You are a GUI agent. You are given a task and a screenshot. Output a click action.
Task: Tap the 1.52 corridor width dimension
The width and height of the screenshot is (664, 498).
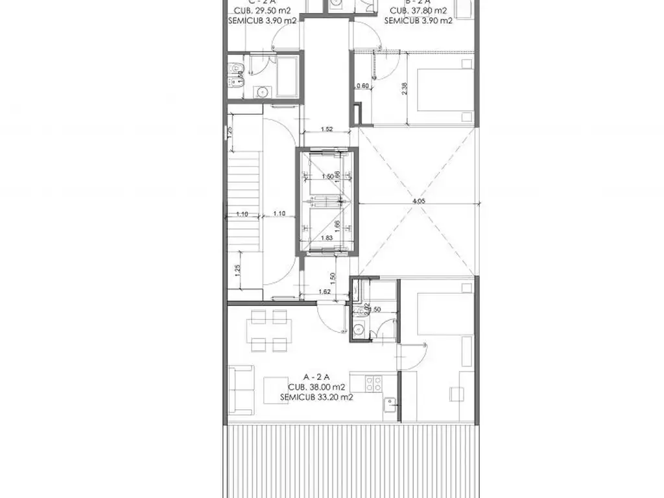point(327,129)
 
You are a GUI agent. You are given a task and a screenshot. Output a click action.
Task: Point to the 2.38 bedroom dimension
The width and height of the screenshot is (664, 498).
point(405,88)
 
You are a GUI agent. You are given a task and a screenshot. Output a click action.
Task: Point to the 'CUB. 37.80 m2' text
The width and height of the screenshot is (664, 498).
point(418,10)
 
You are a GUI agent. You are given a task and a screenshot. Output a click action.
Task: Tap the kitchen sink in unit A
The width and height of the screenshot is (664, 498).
point(390,405)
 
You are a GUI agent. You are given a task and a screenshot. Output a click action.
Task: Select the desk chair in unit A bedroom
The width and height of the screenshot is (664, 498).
point(458,393)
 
